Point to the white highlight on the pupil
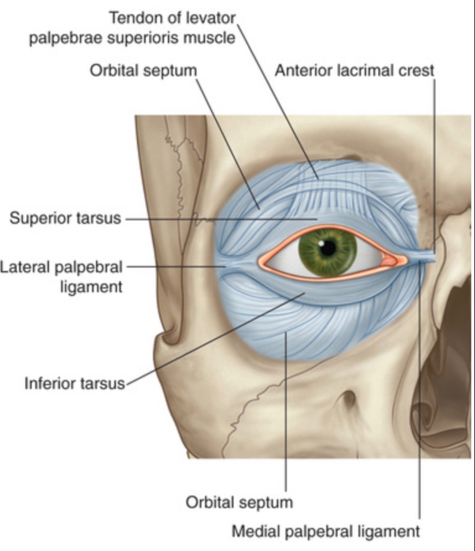click(322, 243)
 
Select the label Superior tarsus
click(66, 218)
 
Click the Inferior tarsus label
click(75, 383)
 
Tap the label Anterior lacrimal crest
click(354, 70)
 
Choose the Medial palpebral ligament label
click(326, 531)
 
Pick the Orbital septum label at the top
click(143, 70)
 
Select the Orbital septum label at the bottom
click(239, 502)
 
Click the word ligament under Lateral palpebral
click(91, 287)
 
